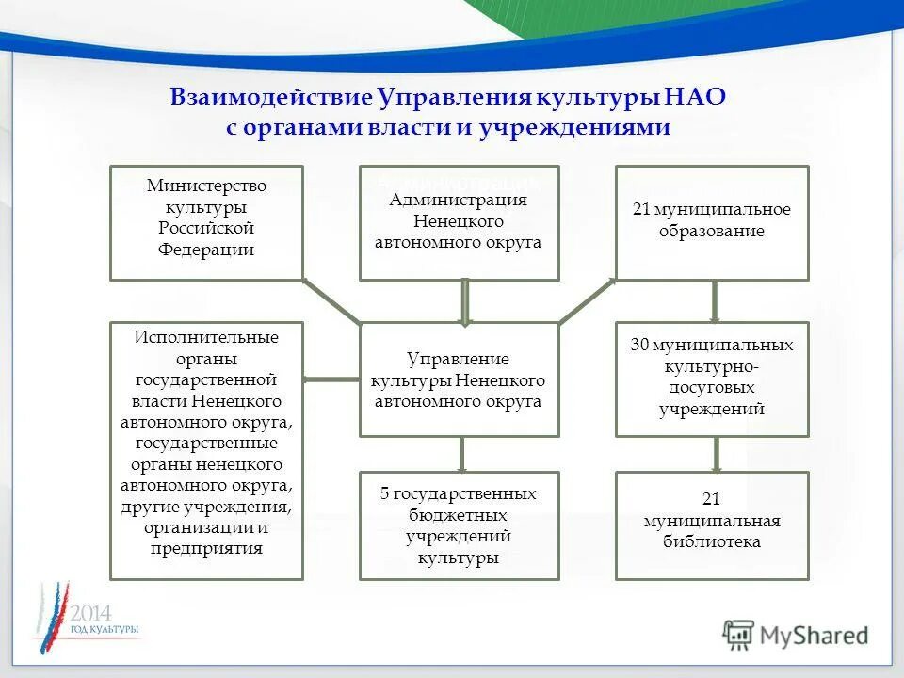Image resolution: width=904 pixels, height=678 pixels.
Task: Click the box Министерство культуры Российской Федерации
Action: pos(206,223)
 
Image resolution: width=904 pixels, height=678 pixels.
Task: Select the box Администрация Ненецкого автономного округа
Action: pos(459,223)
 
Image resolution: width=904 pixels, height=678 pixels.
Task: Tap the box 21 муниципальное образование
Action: pos(712,223)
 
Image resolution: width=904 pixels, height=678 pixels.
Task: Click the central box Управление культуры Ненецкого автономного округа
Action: pos(459,379)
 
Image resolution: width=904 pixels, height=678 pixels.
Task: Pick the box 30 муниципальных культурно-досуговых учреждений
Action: pos(712,379)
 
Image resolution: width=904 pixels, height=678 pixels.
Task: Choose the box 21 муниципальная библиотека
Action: pos(712,525)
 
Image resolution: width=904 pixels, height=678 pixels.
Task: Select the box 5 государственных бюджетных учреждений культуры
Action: pos(459,525)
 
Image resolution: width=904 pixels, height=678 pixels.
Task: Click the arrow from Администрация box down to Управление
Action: pos(464,301)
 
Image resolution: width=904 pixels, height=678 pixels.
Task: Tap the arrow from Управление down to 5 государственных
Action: pos(461,454)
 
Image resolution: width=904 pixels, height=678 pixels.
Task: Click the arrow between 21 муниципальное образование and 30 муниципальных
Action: pos(715,301)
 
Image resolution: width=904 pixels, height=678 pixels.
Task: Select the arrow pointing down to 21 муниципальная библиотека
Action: pos(715,454)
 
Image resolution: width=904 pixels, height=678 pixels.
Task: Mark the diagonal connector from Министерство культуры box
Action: pos(331,301)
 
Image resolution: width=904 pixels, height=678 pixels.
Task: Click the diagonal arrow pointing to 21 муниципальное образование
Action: pos(587,301)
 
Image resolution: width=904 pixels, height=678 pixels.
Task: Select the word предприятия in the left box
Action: pos(206,548)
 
